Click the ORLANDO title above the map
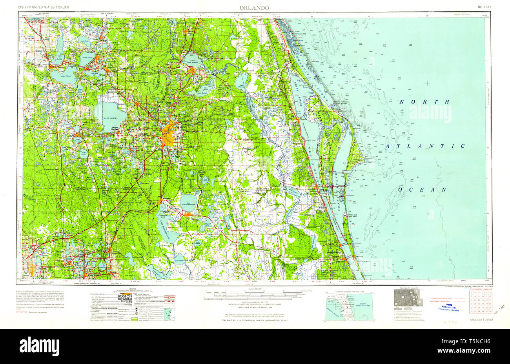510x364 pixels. tap(254, 7)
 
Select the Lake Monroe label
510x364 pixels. tap(192, 63)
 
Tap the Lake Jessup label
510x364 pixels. tap(202, 93)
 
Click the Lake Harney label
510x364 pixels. tap(240, 81)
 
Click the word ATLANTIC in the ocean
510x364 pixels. tap(425, 146)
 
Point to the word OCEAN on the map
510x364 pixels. tap(423, 190)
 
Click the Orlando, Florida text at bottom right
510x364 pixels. tap(481, 320)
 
